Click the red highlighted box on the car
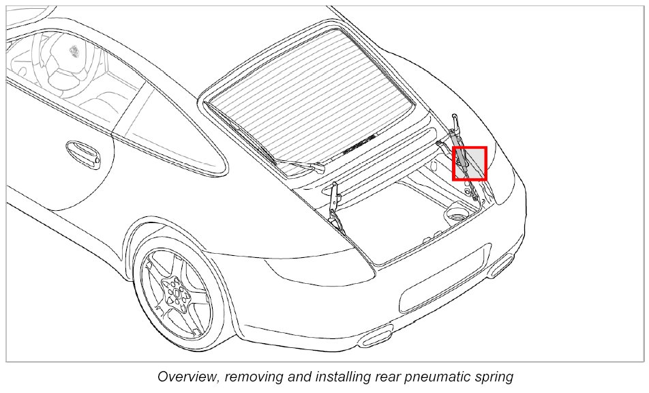point(469,163)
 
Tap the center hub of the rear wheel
point(176,292)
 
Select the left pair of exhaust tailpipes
point(376,336)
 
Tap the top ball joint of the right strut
point(455,118)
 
